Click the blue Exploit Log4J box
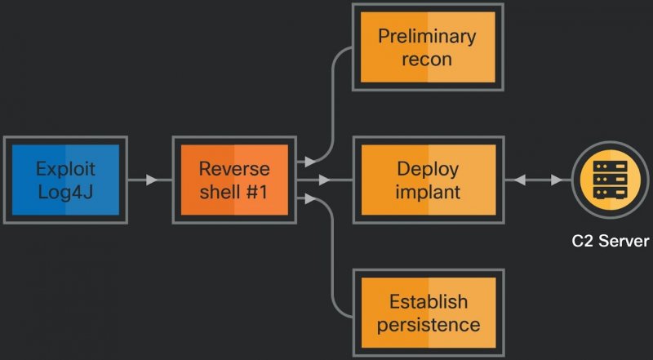(65, 180)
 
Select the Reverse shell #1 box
(233, 180)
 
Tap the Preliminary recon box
(427, 47)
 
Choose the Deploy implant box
(427, 180)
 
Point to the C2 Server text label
(610, 242)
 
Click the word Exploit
(65, 169)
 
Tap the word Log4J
(65, 192)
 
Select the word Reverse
(234, 169)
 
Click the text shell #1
(234, 192)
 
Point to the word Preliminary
(427, 36)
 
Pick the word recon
(427, 59)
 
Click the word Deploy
(427, 169)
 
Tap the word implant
(427, 192)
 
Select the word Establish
(428, 301)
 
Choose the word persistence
(428, 324)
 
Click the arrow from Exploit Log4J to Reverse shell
(147, 180)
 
